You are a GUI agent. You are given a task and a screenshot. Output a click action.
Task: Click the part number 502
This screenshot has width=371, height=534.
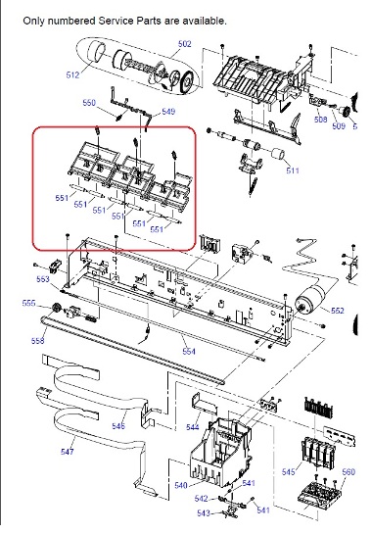point(184,44)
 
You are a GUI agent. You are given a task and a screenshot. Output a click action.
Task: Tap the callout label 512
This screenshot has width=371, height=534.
point(72,74)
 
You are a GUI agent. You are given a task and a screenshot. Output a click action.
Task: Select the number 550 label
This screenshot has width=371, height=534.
point(89,103)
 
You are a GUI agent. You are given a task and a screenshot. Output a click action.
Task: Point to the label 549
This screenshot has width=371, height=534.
point(168,112)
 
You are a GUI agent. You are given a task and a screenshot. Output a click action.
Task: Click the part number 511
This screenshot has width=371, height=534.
point(293,170)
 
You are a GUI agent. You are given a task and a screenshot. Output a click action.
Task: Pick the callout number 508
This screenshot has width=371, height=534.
point(320,120)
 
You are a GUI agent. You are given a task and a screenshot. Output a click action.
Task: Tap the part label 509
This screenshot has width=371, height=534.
point(339,126)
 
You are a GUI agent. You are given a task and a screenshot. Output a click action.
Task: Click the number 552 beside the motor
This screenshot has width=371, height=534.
point(338,311)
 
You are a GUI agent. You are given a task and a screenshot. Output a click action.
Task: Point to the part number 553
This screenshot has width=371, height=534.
point(43,279)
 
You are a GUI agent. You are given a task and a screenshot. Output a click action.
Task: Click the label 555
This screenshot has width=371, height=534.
point(28,303)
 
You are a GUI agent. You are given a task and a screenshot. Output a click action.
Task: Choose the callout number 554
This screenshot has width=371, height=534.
point(189,351)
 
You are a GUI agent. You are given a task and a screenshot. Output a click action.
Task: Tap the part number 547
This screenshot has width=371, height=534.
point(68,452)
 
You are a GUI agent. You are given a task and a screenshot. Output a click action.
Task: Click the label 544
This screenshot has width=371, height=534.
point(193,427)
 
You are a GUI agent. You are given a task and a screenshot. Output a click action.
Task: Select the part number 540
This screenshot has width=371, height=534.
point(181,485)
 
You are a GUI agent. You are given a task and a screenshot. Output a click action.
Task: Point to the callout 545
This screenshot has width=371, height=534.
point(289,472)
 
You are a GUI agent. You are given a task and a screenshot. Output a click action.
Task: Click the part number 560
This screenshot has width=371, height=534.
point(348,471)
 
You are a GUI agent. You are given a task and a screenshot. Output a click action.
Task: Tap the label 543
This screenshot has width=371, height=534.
point(204,512)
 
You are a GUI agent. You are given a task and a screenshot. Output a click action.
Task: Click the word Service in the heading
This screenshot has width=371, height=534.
point(116,21)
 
